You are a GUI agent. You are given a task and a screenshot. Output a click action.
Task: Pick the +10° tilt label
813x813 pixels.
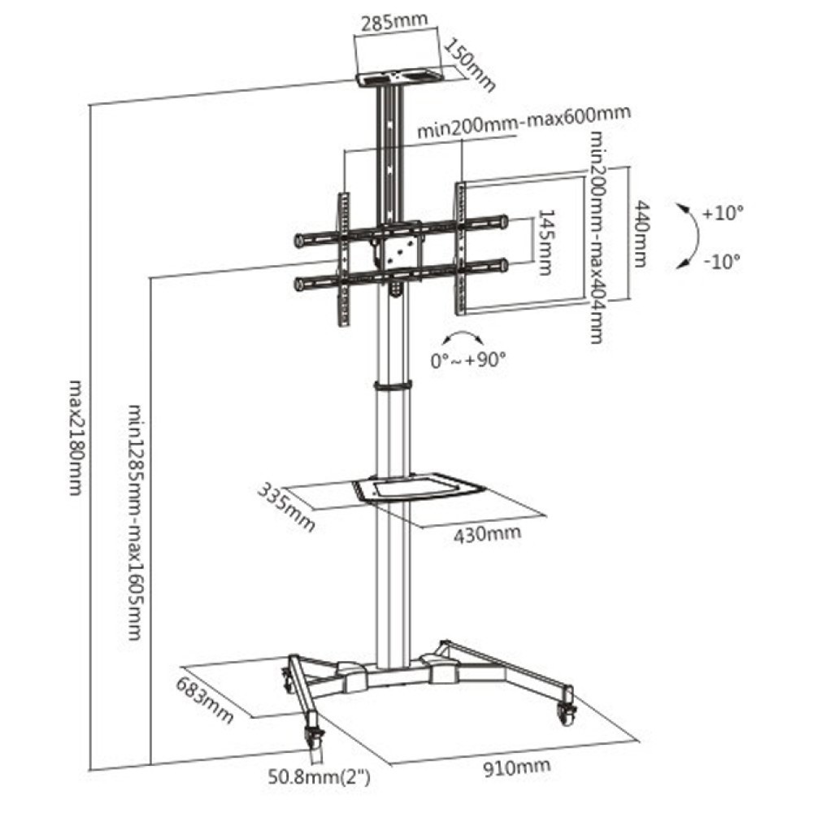(x=723, y=215)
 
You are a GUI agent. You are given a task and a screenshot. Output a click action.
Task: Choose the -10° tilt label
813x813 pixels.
(x=723, y=261)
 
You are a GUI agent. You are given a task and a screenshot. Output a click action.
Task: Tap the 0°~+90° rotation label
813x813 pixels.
(x=467, y=359)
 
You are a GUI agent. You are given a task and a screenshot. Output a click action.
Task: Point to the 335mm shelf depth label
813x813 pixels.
(x=286, y=508)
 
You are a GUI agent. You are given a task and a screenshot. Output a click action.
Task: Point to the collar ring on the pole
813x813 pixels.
(x=393, y=385)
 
